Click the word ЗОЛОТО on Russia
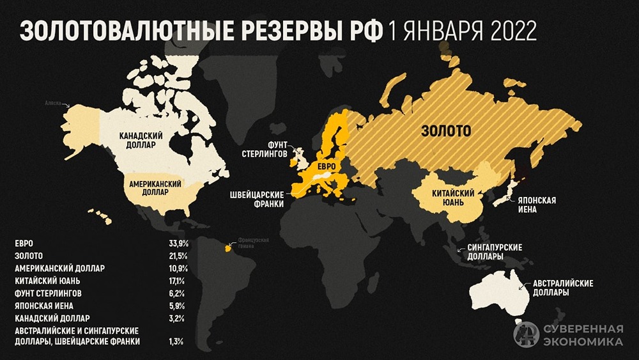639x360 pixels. coord(445,131)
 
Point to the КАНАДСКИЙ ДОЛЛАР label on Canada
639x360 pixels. coord(139,141)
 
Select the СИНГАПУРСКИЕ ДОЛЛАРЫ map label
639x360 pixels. coord(495,251)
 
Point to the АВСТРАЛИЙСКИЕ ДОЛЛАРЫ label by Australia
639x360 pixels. coord(560,288)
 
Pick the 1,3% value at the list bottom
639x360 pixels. coord(176,342)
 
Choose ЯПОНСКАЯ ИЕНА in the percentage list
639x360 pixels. coord(42,305)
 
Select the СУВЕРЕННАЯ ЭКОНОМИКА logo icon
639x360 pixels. coord(526,335)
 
